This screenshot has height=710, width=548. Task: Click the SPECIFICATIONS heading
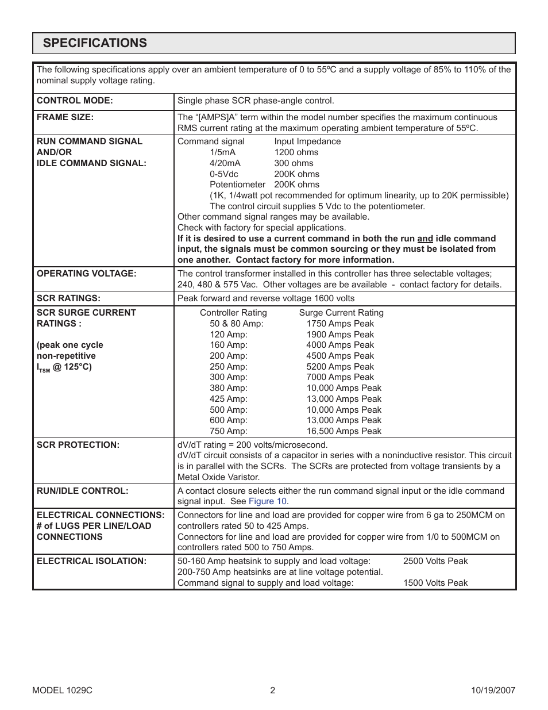pyautogui.click(x=95, y=43)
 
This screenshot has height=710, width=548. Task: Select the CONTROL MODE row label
pyautogui.click(x=75, y=101)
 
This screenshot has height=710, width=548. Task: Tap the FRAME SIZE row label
pyautogui.click(x=65, y=117)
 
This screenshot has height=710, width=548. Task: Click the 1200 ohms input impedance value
pyautogui.click(x=296, y=152)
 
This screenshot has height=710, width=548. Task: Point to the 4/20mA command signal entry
pyautogui.click(x=225, y=163)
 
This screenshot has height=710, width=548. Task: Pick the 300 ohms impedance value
pyautogui.click(x=294, y=163)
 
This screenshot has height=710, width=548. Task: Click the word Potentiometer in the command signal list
pyautogui.click(x=237, y=185)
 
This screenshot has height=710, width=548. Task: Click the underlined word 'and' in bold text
pyautogui.click(x=424, y=239)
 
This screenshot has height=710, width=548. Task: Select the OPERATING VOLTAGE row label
pyautogui.click(x=87, y=274)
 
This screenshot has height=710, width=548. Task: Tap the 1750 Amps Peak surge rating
pyautogui.click(x=340, y=324)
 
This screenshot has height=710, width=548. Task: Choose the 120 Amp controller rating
pyautogui.click(x=229, y=335)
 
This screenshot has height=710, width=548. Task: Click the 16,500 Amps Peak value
pyautogui.click(x=344, y=431)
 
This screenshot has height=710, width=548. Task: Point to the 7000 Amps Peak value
pyautogui.click(x=340, y=377)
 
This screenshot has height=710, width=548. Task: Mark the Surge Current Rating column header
pyautogui.click(x=341, y=313)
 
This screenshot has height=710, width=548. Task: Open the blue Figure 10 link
pyautogui.click(x=267, y=501)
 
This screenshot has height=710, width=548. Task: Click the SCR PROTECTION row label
pyautogui.click(x=78, y=445)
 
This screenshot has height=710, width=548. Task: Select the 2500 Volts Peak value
pyautogui.click(x=435, y=561)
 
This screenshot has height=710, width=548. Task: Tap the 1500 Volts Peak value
pyautogui.click(x=435, y=583)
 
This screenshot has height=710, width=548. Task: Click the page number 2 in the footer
pyautogui.click(x=273, y=690)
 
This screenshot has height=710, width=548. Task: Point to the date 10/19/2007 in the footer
pyautogui.click(x=492, y=690)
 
